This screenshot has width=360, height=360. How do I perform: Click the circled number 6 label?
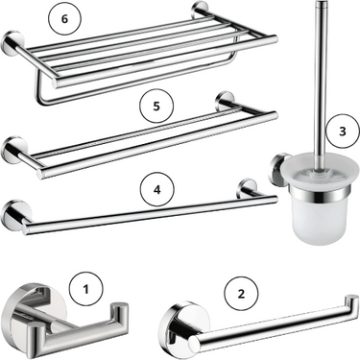pos(64,19)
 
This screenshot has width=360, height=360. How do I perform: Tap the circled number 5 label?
pos(156,107)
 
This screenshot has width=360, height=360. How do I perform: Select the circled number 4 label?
pos(156,190)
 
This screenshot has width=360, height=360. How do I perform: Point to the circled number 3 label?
pos(342,132)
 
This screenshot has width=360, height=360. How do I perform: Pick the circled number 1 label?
pos(85,289)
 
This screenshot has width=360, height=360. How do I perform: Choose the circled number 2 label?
pos(241,293)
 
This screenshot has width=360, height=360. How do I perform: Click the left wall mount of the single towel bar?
pos(13,215)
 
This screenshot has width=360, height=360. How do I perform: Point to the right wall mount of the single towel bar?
pos(246,188)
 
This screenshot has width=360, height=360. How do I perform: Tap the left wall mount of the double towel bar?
pos(14,152)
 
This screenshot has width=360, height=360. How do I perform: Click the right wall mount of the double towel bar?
pos(225,101)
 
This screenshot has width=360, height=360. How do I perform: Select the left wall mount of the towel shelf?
pos(12,43)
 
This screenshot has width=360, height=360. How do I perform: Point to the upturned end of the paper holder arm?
pos(351,304)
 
